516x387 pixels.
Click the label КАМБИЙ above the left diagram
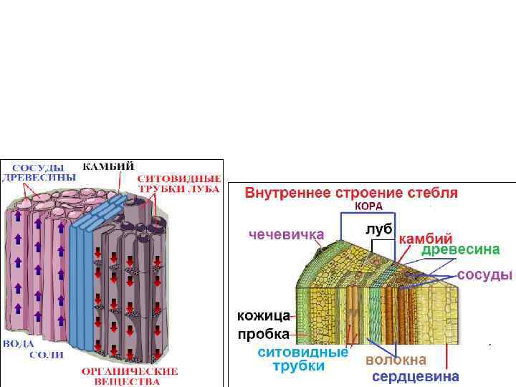point(108,166)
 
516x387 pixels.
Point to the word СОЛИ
point(46,355)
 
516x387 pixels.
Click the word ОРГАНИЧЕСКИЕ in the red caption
point(129,371)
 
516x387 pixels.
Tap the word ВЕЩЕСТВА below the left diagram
point(129,381)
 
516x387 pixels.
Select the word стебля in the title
point(431,193)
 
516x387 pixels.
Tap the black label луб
point(378,229)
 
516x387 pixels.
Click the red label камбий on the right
point(426,238)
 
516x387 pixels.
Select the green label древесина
point(460,250)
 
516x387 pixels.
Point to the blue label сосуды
point(484,274)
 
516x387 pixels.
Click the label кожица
point(264,315)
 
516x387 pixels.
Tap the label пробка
point(264,334)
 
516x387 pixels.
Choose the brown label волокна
point(396,359)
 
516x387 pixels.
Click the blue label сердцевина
point(415,376)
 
